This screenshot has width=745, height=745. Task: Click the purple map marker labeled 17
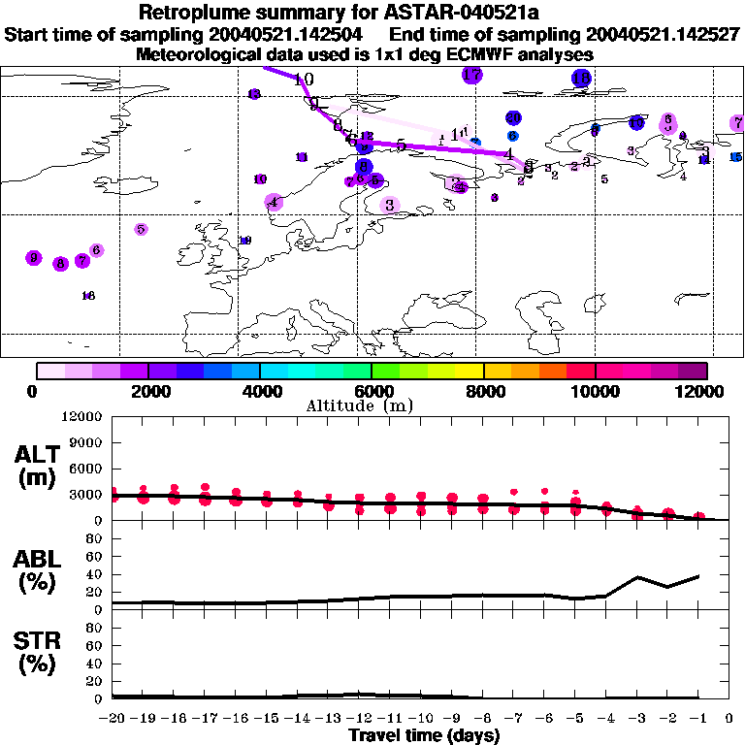coord(472,75)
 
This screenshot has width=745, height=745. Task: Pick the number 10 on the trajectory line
coord(304,80)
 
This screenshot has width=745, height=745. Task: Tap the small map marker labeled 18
coord(87,296)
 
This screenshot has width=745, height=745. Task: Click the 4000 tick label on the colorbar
coord(260,392)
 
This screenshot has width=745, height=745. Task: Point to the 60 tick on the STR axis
coord(93,645)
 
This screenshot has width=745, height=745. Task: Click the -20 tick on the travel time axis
coord(113,718)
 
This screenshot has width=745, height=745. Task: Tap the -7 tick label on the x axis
coord(513,718)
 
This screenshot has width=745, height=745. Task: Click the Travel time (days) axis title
coord(424,735)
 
